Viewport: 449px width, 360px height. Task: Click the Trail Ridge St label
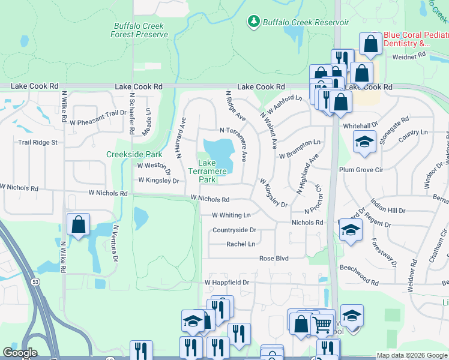click(37, 142)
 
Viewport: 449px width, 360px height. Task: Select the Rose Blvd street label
click(274, 258)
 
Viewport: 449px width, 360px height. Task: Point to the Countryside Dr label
click(234, 230)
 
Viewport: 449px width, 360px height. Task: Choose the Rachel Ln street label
click(241, 244)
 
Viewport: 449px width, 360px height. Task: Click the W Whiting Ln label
click(231, 215)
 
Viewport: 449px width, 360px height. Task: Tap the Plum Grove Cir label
click(361, 170)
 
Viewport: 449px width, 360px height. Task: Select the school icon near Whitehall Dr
click(364, 142)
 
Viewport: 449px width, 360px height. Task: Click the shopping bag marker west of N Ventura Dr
click(78, 225)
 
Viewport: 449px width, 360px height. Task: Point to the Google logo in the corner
click(20, 353)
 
